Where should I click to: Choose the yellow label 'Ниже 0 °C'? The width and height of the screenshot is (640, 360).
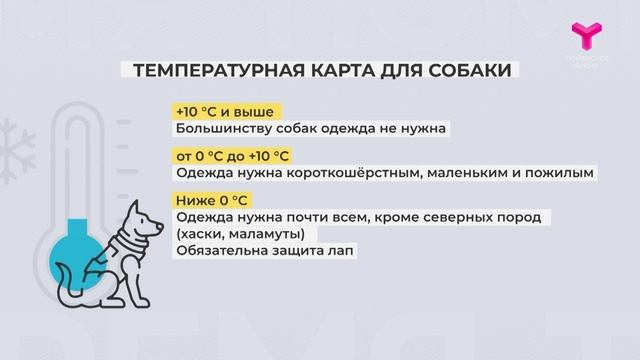pos(210,199)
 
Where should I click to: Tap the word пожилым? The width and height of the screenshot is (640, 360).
pos(561,172)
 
